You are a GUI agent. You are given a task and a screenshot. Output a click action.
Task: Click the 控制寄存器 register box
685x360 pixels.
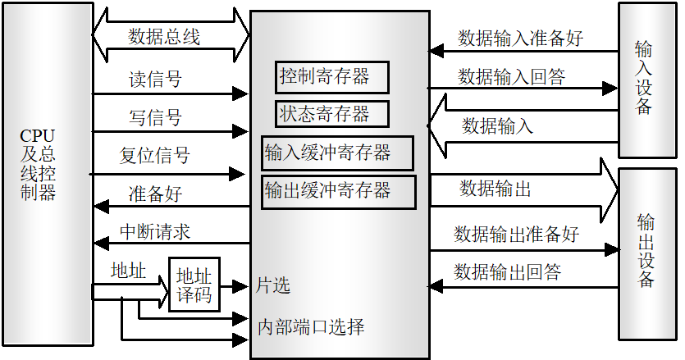[x=332, y=77]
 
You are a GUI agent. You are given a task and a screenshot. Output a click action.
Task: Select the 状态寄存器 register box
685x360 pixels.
[x=331, y=114]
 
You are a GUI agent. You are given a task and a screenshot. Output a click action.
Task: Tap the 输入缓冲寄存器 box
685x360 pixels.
[x=336, y=153]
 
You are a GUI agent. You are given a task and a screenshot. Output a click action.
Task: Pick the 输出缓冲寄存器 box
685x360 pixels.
[x=337, y=191]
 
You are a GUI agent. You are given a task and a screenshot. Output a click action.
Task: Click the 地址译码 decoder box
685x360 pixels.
[x=194, y=285]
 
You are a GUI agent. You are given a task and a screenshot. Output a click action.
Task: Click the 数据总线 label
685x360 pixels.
[x=164, y=37]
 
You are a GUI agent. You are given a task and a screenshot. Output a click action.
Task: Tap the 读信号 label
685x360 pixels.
[x=155, y=80]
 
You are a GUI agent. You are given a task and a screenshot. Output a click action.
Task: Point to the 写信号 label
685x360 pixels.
[x=155, y=116]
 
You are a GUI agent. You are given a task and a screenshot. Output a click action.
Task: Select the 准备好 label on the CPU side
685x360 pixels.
[x=155, y=194]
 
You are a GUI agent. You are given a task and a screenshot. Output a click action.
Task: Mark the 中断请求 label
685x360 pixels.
[x=155, y=231]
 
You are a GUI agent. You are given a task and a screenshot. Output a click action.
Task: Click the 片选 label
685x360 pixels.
[x=273, y=286]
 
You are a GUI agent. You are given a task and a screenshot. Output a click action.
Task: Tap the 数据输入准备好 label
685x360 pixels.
[x=520, y=38]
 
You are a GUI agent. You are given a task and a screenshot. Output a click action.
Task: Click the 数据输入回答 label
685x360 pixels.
[x=511, y=76]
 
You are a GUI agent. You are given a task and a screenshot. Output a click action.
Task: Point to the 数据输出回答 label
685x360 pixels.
[x=508, y=272]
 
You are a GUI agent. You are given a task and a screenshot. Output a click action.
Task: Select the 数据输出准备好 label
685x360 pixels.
[x=517, y=234]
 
